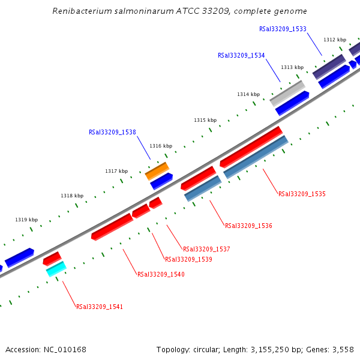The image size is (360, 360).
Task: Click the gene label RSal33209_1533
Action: click(283, 29)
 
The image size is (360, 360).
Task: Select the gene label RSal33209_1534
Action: click(241, 55)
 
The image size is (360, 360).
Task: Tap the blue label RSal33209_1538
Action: click(112, 133)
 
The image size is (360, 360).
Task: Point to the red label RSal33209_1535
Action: click(302, 194)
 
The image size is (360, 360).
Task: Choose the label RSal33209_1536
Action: click(248, 226)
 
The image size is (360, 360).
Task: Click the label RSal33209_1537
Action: click(206, 249)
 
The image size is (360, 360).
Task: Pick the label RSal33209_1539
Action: click(188, 260)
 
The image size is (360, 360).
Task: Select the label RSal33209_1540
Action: click(161, 274)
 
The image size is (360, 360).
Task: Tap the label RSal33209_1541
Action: click(100, 307)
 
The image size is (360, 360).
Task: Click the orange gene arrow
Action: click(157, 171)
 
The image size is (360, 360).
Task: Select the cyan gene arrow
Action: click(56, 269)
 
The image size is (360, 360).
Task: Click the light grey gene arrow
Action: click(287, 93)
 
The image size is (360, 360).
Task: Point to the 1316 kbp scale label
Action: click(161, 146)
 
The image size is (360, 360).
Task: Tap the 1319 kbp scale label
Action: click(26, 220)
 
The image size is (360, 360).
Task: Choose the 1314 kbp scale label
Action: click(248, 94)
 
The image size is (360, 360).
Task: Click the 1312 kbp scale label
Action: click(335, 40)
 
